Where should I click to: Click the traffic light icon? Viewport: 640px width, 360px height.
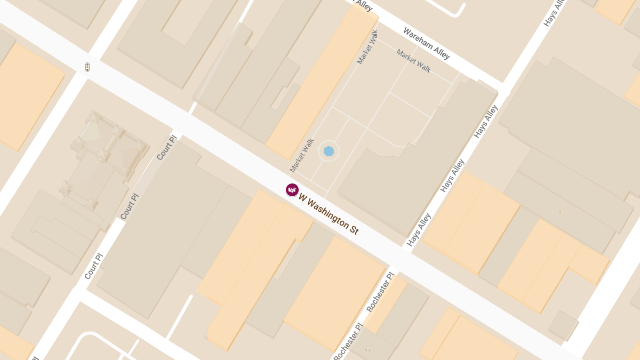point(87,67)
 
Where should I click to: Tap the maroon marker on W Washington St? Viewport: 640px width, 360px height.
point(292,190)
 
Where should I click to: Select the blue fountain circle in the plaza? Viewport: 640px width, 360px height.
point(329,151)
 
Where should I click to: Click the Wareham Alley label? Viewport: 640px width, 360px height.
point(426,43)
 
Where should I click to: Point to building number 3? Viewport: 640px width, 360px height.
point(559,212)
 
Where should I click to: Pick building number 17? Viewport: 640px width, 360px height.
point(367,350)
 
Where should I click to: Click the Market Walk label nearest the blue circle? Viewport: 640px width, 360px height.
point(302,156)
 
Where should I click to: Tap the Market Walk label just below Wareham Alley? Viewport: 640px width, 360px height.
point(413,60)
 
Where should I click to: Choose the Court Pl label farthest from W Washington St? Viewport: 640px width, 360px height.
point(93,266)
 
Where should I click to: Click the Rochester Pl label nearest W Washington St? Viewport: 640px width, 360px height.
point(380,292)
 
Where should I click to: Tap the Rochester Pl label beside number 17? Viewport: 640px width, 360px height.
point(348,342)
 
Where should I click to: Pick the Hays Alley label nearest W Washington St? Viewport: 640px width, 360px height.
point(419,230)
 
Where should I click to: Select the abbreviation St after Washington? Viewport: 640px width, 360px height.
point(354,230)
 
